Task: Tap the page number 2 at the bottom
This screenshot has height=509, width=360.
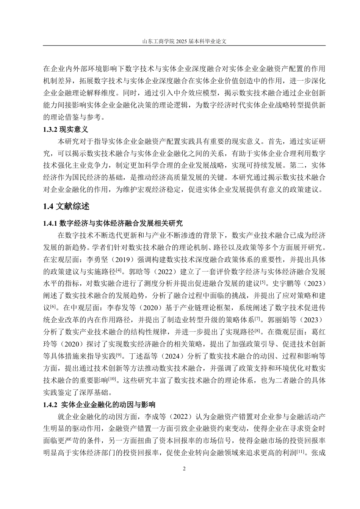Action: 184,469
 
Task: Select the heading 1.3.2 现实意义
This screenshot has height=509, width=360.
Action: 66,130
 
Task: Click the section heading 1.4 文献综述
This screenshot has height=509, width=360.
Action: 67,206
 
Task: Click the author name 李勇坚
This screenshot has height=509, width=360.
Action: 97,259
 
